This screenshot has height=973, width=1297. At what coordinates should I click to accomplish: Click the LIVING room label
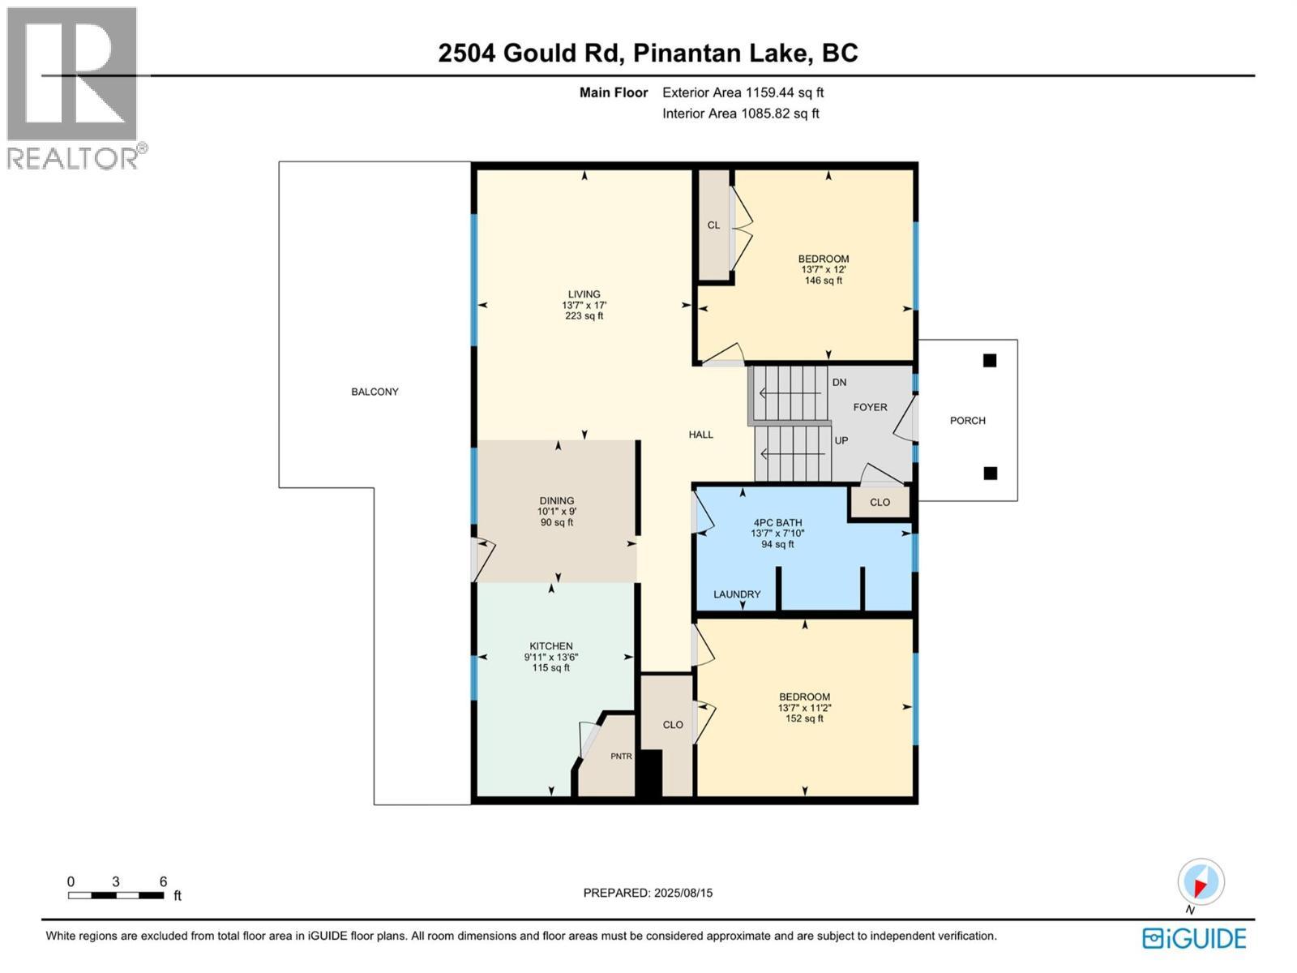click(584, 294)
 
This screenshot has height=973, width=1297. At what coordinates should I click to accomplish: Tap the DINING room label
click(557, 500)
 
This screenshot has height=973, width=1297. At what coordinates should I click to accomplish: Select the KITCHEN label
click(550, 646)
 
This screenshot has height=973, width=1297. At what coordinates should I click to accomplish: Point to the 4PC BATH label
click(777, 522)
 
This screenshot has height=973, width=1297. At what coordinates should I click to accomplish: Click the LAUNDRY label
click(737, 594)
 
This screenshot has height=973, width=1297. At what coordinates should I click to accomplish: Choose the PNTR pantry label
click(621, 757)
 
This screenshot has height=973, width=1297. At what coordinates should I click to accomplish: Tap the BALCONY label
click(375, 392)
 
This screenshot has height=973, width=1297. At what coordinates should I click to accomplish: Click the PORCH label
click(968, 421)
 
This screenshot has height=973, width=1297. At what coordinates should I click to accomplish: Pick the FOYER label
click(870, 407)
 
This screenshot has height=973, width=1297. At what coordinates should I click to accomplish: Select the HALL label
click(701, 435)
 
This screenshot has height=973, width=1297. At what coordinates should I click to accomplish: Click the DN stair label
click(839, 382)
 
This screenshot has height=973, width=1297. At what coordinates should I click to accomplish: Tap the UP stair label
click(841, 441)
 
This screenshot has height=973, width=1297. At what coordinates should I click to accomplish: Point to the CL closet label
click(713, 225)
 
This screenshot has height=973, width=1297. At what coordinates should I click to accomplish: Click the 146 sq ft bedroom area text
click(823, 281)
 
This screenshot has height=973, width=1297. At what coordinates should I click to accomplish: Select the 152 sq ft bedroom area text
click(804, 718)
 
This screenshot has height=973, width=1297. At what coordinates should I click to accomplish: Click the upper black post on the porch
click(990, 360)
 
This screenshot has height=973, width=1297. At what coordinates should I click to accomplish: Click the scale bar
click(116, 895)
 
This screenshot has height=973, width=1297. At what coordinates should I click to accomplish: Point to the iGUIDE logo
click(1194, 938)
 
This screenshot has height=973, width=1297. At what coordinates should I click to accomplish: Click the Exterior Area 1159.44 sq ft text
click(743, 92)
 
